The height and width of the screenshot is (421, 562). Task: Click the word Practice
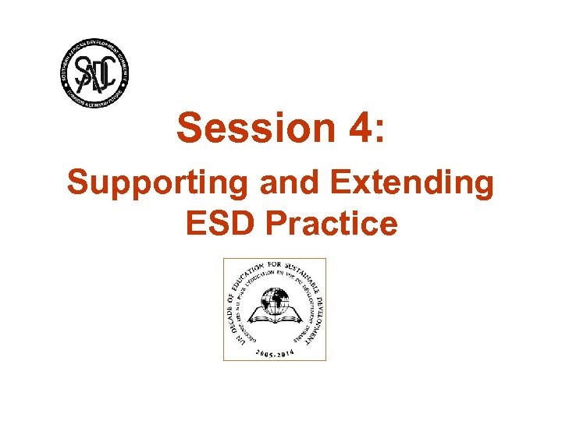click(x=331, y=225)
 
